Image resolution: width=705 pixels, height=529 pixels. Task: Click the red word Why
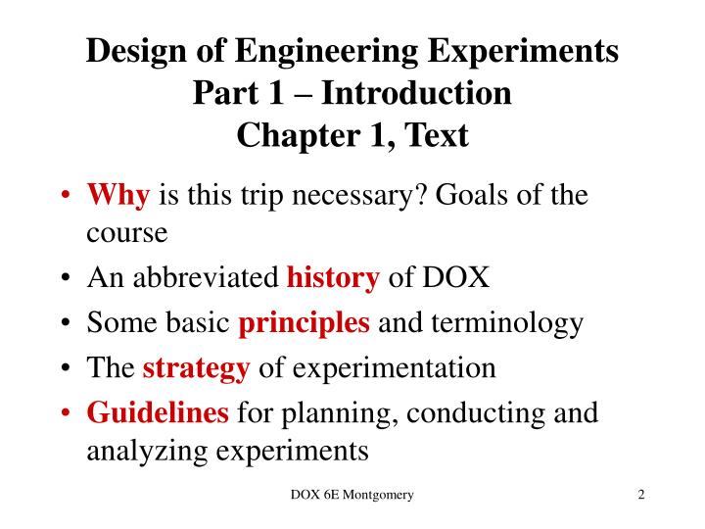click(117, 196)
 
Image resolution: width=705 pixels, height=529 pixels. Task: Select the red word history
click(333, 279)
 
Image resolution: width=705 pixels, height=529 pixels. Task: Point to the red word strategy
click(197, 368)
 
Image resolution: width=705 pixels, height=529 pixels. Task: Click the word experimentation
click(395, 368)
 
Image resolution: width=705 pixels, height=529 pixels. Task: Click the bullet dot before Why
click(65, 197)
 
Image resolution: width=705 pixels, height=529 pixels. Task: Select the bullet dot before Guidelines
click(65, 413)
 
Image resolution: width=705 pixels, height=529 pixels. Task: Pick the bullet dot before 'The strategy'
click(65, 369)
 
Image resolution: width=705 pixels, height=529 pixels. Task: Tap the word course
click(127, 235)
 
